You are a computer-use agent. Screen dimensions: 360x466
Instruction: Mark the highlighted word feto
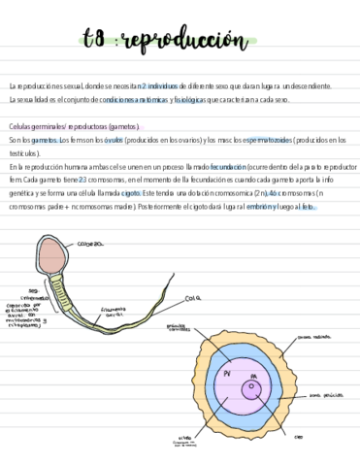tap(309, 208)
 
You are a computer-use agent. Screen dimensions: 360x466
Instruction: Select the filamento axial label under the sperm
tap(113, 313)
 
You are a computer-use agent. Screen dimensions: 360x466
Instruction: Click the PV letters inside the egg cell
tap(226, 374)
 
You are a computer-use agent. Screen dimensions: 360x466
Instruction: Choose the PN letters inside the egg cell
tap(253, 376)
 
